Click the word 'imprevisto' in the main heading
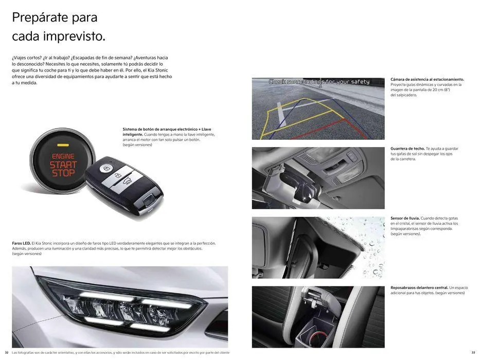click(x=74, y=37)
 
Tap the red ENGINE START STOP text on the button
click(x=63, y=165)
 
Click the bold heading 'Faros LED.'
click(x=21, y=243)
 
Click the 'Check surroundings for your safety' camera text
click(x=319, y=82)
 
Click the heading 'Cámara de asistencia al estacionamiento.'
click(x=427, y=79)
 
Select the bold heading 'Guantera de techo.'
click(x=407, y=149)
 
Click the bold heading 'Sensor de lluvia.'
click(x=405, y=218)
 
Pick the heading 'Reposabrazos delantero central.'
click(x=419, y=287)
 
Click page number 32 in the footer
click(x=7, y=352)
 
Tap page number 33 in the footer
click(x=473, y=352)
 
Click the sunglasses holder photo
click(x=318, y=178)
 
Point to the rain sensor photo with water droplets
click(x=318, y=247)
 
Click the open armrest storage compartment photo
click(x=318, y=317)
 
